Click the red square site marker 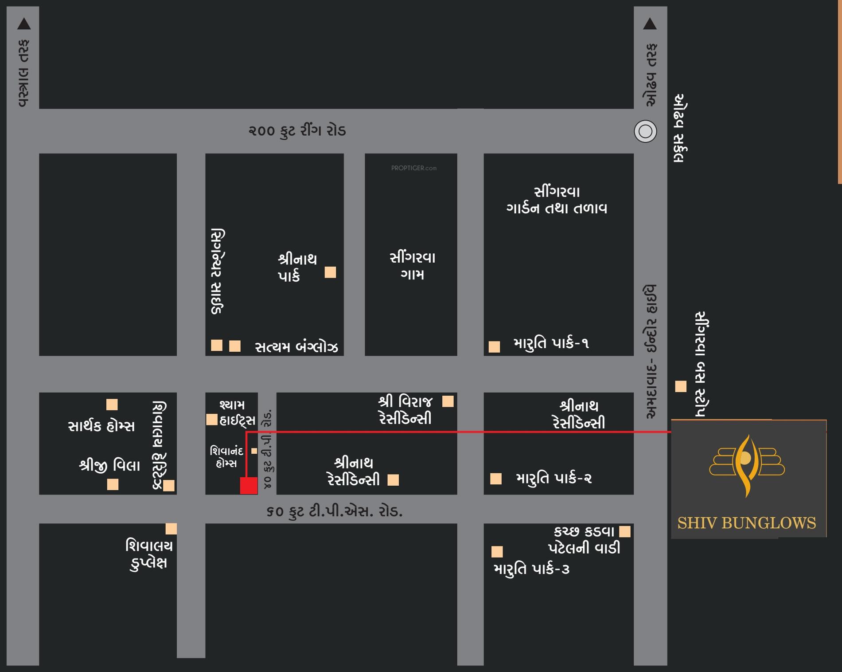(249, 485)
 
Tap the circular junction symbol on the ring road (645, 131)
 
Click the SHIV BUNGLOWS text (746, 523)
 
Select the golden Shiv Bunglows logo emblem (747, 465)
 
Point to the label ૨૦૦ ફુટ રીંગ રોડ (297, 131)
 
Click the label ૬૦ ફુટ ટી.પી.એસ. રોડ (335, 511)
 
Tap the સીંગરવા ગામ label (412, 266)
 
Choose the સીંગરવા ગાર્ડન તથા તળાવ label (557, 200)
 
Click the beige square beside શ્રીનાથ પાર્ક (330, 272)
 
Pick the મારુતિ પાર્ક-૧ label (551, 343)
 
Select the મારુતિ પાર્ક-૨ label (554, 478)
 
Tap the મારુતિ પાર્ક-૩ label (531, 569)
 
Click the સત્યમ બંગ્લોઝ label (296, 347)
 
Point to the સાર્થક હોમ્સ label (101, 426)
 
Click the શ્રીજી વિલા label (109, 465)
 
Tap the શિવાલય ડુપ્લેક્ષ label (149, 554)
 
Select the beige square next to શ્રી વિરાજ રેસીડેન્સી (448, 401)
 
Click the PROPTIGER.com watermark (413, 168)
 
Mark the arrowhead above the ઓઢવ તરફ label (650, 24)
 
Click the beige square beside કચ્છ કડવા (625, 531)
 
